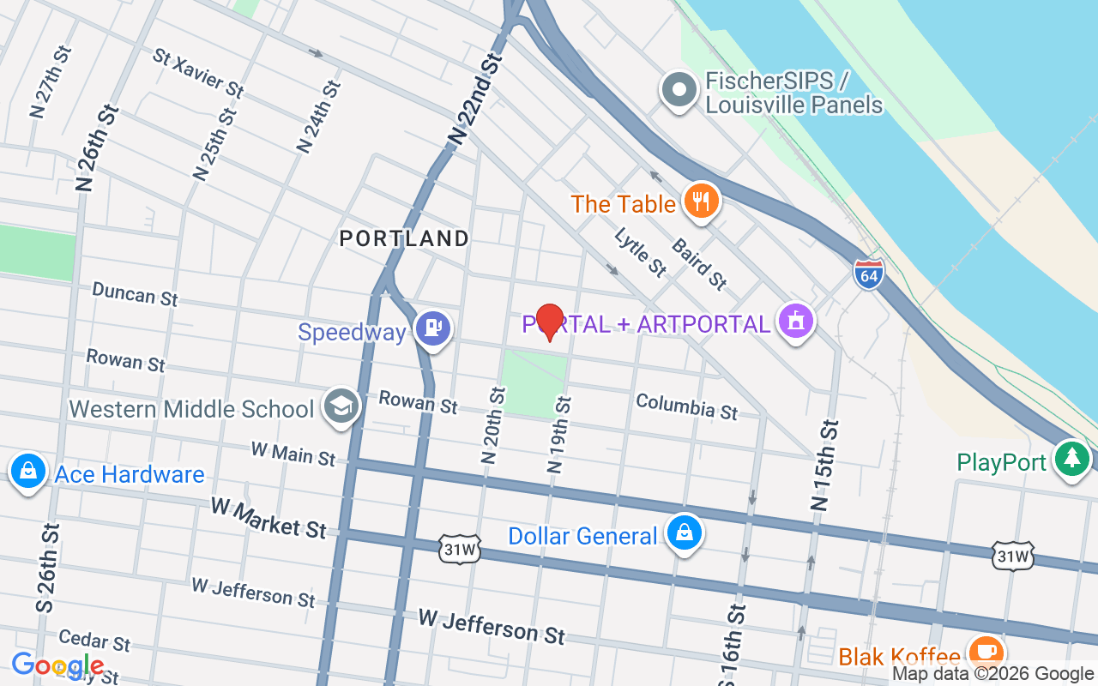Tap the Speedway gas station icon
coord(433,328)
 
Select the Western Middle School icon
coord(341,407)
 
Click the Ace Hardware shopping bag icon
coord(28,472)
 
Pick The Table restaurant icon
coord(702,202)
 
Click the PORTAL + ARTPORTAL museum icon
coord(796,322)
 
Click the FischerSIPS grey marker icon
coord(679,90)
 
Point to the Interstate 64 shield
coord(869,274)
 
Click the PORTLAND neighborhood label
coord(404,238)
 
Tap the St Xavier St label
coord(198,72)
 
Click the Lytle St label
coord(640,252)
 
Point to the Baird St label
coord(699,263)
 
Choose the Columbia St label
coord(686,406)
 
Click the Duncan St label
coord(135,294)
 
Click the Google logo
coord(57,665)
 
